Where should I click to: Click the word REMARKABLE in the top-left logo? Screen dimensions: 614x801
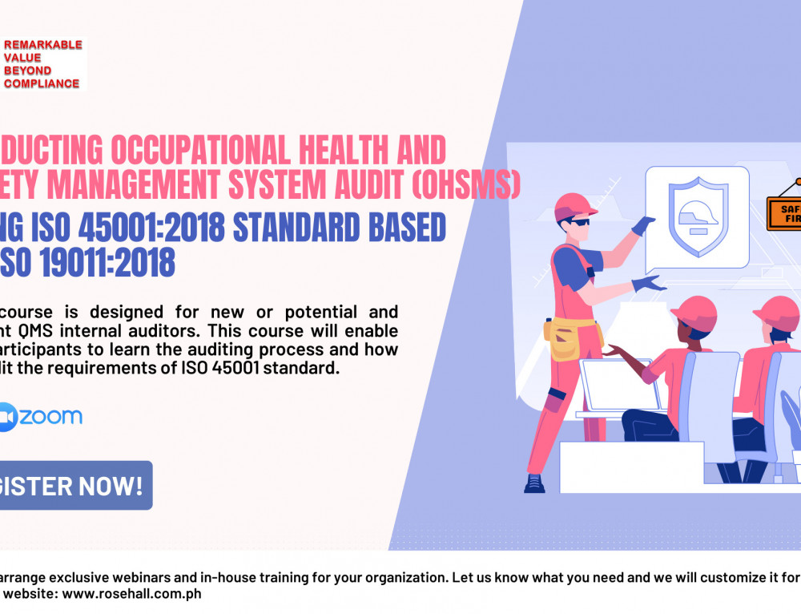click(43, 45)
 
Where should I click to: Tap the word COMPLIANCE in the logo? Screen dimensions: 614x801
click(42, 83)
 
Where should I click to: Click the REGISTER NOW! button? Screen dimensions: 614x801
click(72, 485)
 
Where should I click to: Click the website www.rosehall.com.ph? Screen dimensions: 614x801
click(140, 594)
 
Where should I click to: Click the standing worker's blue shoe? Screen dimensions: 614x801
click(534, 483)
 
